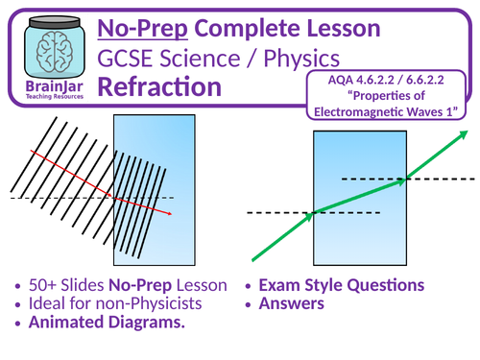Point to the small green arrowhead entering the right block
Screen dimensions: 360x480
coord(311,215)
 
